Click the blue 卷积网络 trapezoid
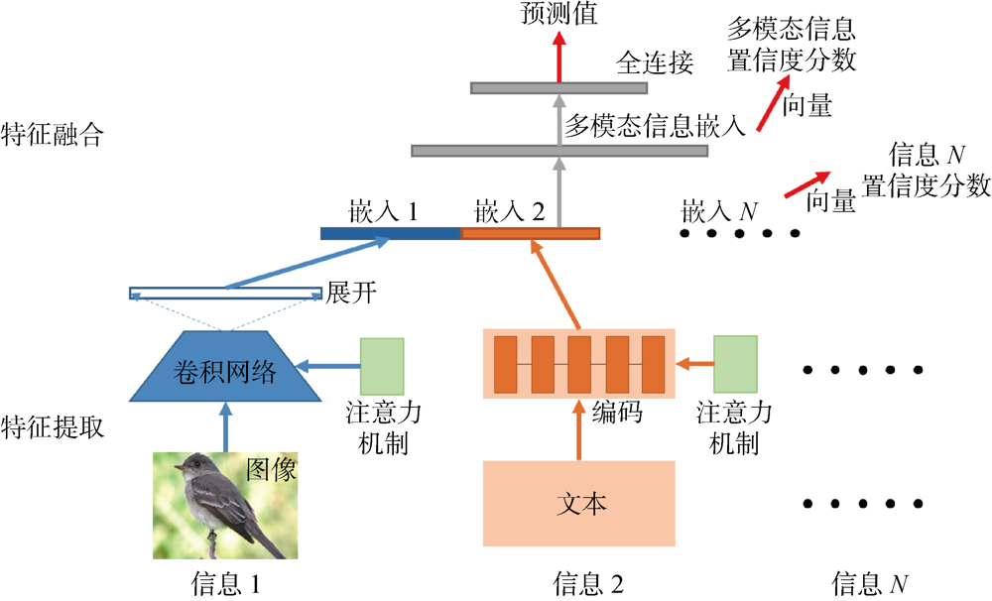pos(226,371)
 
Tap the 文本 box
pos(578,503)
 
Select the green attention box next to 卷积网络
pos(382,367)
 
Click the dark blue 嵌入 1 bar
pos(391,234)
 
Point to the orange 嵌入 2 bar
pos(530,234)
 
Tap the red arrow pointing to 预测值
pos(558,55)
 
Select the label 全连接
pos(655,63)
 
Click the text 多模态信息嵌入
pos(654,125)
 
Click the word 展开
pos(349,293)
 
